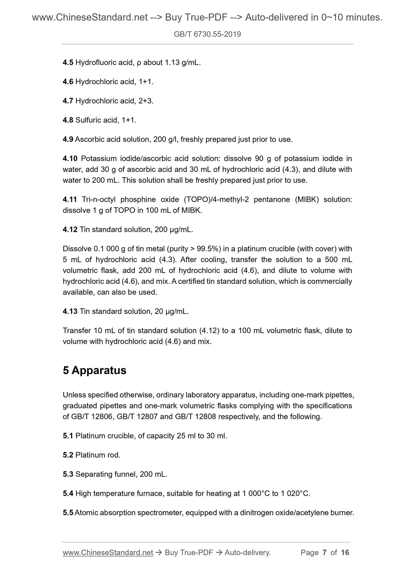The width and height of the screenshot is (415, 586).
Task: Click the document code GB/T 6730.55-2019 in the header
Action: [207, 34]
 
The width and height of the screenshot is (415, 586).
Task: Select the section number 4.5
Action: [68, 62]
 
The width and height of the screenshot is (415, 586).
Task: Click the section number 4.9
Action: [68, 140]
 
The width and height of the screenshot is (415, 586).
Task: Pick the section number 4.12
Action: [70, 230]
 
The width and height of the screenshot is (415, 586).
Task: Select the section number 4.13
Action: [70, 311]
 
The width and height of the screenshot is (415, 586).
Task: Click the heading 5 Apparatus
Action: [94, 370]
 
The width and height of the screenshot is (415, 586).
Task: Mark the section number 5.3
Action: [68, 474]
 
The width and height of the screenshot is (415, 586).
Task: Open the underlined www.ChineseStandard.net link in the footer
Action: [108, 552]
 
